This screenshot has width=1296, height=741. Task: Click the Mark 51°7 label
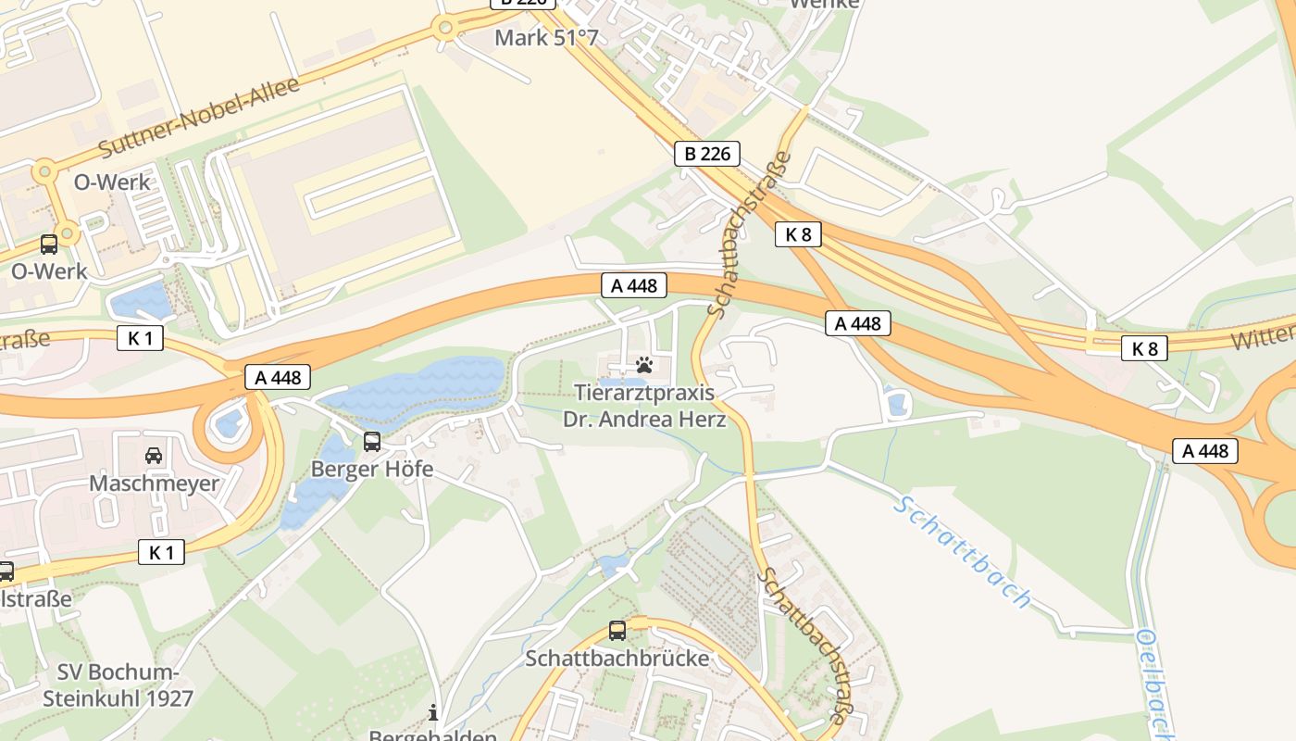pos(546,38)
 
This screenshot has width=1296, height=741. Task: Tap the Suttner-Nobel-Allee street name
pos(199,117)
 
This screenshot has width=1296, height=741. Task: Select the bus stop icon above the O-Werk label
pos(49,245)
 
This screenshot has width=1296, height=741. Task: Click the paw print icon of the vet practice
pos(644,365)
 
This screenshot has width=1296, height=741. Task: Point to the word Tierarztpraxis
pos(644,393)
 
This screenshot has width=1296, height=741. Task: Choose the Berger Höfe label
pos(372,469)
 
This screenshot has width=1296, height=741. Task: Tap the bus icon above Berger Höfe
pos(372,442)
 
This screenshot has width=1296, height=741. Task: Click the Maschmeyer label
pos(154,484)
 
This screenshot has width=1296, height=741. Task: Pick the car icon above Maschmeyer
pos(154,456)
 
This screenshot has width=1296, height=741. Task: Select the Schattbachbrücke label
pos(617,659)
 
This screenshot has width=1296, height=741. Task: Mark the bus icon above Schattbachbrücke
pos(617,631)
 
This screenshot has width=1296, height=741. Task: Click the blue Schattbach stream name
pos(963,553)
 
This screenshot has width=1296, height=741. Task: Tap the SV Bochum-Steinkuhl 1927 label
pos(118,685)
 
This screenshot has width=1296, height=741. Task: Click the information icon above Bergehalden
pos(432,712)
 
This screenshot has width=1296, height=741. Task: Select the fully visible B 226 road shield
pos(706,154)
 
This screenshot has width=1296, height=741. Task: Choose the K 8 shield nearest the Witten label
pos(1145,348)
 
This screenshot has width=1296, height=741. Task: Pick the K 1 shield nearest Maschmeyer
pos(161,553)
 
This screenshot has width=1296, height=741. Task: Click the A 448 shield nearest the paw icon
pos(634,285)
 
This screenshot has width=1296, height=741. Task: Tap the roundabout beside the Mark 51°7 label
pos(445,27)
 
